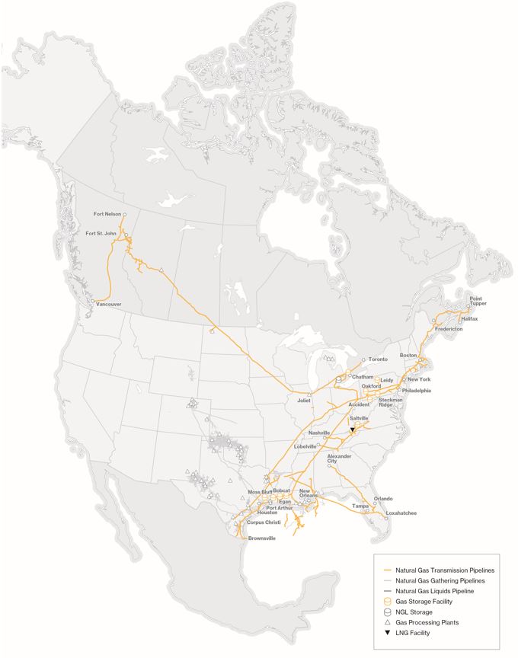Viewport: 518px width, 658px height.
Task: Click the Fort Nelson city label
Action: [107, 214]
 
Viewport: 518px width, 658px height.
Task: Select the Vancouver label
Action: [109, 305]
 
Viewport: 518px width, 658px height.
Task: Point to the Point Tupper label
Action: [477, 301]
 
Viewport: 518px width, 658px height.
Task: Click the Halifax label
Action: [469, 318]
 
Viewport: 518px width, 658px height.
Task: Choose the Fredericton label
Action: [449, 329]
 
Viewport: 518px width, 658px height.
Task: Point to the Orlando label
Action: [383, 499]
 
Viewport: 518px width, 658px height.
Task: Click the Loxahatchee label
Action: [402, 513]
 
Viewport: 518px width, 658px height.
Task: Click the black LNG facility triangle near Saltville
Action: [352, 430]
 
